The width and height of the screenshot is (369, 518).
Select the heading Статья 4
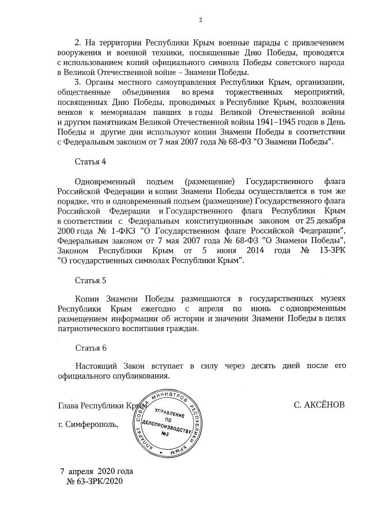[91, 160]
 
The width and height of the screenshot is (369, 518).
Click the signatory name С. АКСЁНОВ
[319, 405]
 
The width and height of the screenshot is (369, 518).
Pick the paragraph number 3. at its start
[78, 82]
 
